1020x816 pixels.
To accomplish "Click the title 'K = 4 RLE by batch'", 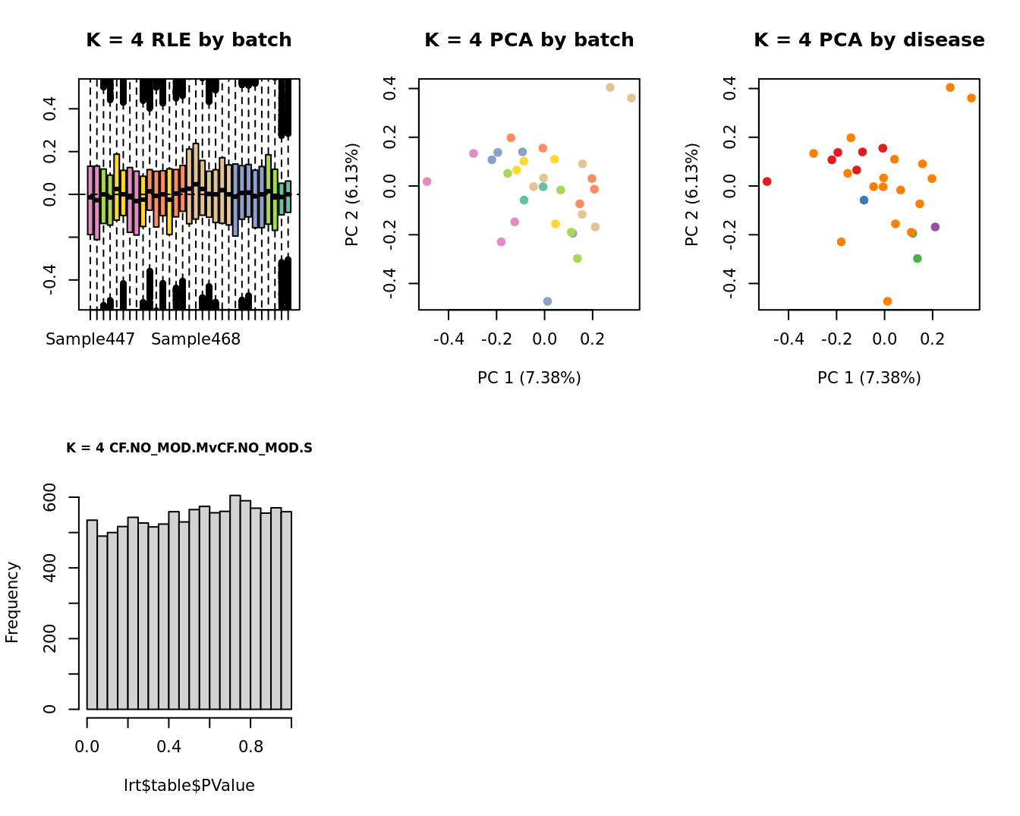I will (x=188, y=40).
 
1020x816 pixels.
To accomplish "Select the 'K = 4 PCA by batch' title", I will (x=529, y=40).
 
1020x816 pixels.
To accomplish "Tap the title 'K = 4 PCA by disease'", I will (x=869, y=40).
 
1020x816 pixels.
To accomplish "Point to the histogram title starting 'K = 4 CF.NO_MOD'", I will (x=189, y=448).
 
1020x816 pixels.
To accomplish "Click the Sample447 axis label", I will (x=90, y=339).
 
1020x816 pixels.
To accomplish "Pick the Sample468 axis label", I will (x=196, y=339).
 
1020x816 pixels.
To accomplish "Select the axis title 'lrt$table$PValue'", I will (x=189, y=786).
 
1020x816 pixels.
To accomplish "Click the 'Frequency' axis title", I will (x=12, y=602).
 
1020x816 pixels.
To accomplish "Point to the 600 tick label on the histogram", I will (x=50, y=497).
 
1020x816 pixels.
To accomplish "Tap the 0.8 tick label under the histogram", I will (x=251, y=747).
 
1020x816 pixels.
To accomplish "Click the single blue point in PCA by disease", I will (x=864, y=200).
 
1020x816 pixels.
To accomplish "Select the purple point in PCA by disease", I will (x=935, y=227).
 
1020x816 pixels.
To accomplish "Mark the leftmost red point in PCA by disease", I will (x=767, y=181).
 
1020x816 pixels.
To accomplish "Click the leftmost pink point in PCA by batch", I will (x=427, y=181).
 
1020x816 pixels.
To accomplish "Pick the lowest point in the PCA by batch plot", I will (x=547, y=301).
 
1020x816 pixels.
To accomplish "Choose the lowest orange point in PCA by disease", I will (x=887, y=301).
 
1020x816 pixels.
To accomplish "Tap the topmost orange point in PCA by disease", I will (x=949, y=87).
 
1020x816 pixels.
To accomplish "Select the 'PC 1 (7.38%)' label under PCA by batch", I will (x=529, y=378).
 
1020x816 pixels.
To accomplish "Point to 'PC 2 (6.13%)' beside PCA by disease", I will (x=691, y=194).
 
